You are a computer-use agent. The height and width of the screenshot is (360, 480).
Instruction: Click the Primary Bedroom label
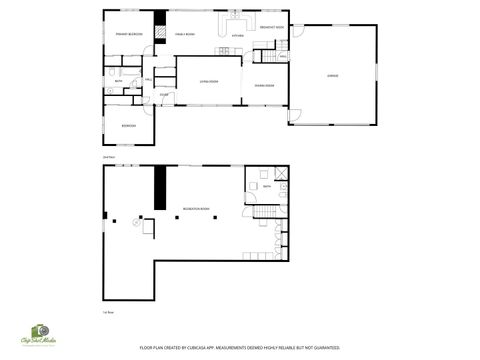coord(129,34)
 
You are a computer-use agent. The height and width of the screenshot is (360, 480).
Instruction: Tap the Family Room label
coord(184,34)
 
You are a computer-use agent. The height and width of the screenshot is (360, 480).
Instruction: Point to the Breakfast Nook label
coord(271,27)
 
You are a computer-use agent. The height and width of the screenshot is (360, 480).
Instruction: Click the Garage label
coord(332,75)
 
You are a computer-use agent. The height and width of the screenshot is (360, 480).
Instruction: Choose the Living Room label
coord(207,80)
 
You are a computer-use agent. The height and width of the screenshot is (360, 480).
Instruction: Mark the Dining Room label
coord(264,86)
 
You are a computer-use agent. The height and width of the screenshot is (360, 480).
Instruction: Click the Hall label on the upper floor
coord(148,80)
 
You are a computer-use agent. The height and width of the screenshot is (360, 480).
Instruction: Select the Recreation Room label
coord(196,209)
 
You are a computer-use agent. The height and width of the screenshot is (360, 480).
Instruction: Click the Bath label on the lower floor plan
coord(267,186)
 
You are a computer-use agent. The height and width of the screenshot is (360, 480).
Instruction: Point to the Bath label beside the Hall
coord(118,82)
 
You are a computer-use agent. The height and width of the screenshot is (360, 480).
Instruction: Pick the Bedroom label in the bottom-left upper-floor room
coord(128,126)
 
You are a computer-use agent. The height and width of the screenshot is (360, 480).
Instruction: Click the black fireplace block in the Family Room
coord(160,18)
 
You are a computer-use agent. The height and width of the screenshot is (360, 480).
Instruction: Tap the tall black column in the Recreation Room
coord(157,188)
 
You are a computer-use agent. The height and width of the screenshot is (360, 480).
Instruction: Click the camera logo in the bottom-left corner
coord(41,332)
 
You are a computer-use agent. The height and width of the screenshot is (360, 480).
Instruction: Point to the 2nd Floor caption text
coord(108,157)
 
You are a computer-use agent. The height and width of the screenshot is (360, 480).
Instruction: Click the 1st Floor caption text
coord(107,312)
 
